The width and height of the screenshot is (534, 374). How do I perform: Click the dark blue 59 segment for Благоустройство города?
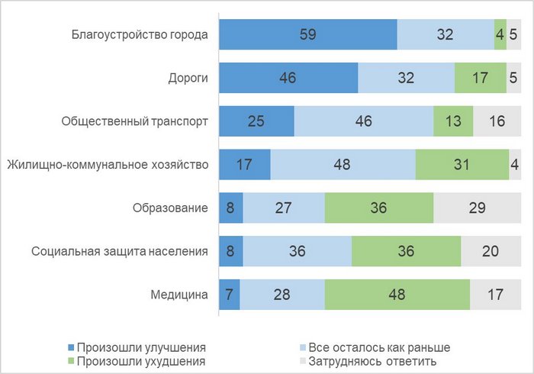point(307,35)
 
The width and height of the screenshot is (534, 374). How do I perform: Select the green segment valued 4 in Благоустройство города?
point(500,35)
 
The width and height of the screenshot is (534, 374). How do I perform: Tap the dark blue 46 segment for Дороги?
point(288,78)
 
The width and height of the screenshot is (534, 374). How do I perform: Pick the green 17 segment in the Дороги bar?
point(480,78)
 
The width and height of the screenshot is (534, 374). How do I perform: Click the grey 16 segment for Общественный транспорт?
point(497,121)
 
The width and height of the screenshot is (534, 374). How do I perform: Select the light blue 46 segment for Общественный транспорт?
point(363,121)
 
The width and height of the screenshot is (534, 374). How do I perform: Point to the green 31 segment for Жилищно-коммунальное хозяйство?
point(462,165)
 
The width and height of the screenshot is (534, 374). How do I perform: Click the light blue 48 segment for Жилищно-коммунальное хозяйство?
point(343,165)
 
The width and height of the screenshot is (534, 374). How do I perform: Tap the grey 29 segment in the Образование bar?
point(478,208)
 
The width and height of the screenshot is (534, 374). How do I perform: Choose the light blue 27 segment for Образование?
point(284,208)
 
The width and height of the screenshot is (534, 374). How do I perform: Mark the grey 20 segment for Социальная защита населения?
point(491,251)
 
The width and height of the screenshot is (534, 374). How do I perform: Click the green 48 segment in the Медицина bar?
point(397,295)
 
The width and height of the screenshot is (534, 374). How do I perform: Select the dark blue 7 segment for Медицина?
point(229,295)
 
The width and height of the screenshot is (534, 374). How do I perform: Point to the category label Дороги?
point(188,78)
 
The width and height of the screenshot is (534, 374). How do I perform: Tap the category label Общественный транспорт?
point(134,121)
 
